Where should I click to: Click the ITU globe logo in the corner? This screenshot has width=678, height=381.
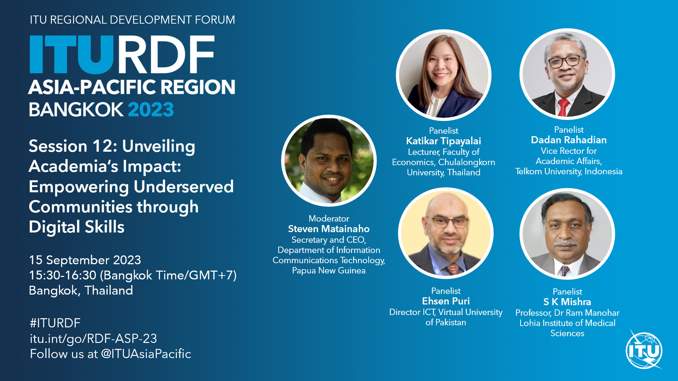[x=644, y=350]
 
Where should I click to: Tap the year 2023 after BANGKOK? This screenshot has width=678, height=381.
[x=151, y=109]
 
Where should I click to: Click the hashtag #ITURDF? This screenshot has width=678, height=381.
[x=55, y=323]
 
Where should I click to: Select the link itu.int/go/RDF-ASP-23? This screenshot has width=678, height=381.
[x=93, y=339]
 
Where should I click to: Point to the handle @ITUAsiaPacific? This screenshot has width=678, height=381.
[x=146, y=354]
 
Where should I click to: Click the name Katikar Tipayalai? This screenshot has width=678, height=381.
[x=444, y=141]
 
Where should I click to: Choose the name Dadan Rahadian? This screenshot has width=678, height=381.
[x=569, y=140]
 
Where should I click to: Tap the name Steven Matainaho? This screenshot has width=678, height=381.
[x=329, y=229]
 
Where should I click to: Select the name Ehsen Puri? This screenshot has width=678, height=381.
[x=446, y=301]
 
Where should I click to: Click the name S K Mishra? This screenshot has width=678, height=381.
[x=567, y=302]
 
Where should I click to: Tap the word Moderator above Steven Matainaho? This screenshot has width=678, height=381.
[x=329, y=219]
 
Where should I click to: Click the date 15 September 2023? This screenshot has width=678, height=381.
[x=85, y=260]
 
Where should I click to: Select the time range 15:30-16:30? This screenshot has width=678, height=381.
[x=63, y=275]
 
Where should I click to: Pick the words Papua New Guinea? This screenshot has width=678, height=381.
[x=329, y=271]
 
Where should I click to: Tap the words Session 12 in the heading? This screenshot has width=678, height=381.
[x=72, y=146]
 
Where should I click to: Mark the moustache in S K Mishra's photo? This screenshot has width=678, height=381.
[x=566, y=243]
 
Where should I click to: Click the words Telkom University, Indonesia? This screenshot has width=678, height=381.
[x=569, y=172]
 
